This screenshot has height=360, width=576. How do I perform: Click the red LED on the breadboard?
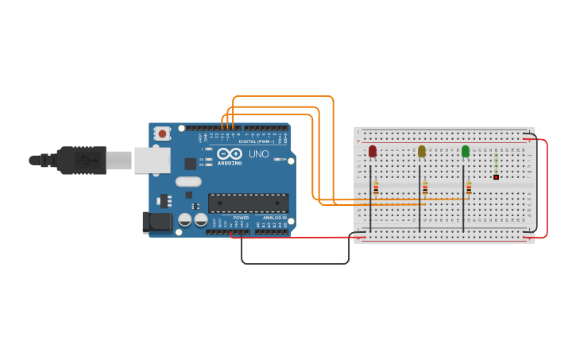372,151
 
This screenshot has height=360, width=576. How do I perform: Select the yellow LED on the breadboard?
421,151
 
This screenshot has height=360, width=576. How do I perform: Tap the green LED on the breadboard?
466,151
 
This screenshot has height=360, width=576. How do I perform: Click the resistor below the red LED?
376,188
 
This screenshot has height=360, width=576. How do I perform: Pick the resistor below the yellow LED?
425,188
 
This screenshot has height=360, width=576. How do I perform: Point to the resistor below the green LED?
469,188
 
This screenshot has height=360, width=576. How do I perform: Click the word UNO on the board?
259,154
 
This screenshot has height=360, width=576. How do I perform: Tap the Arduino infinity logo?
229,153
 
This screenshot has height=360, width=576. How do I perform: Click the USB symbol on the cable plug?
83,160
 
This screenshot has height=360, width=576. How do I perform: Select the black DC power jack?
157,222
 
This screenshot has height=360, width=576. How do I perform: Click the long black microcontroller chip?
249,203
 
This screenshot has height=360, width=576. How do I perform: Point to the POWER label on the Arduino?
241,217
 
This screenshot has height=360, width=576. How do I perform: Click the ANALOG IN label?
275,217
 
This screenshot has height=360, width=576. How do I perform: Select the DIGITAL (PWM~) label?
257,141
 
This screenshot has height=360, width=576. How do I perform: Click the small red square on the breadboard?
496,176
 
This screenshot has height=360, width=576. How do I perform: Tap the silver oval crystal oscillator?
188,181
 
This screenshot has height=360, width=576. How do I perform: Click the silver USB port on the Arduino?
152,160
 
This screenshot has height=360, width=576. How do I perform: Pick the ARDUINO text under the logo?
229,163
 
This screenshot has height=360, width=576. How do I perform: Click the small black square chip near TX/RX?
191,164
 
